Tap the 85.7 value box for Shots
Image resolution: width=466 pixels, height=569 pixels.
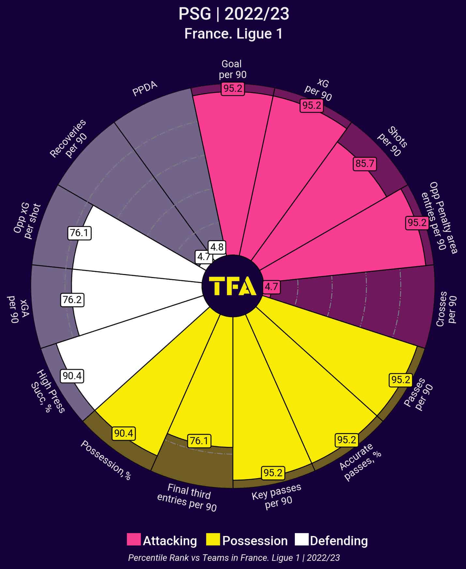(365, 163)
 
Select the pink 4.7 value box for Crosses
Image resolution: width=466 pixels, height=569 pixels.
(271, 287)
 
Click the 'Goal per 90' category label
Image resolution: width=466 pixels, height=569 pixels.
(232, 69)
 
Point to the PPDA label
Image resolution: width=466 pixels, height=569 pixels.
(145, 89)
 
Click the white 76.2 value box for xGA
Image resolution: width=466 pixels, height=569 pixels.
(72, 300)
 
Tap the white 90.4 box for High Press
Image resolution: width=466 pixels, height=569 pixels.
(72, 376)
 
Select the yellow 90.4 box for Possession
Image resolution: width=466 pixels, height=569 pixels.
(124, 433)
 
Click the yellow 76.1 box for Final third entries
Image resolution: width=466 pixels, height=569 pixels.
(199, 441)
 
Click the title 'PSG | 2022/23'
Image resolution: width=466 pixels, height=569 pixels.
(233, 14)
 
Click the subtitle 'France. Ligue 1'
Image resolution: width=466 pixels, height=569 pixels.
(233, 34)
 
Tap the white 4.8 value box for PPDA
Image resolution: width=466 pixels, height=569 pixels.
(217, 247)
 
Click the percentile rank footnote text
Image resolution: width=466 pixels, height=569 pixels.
(233, 558)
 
